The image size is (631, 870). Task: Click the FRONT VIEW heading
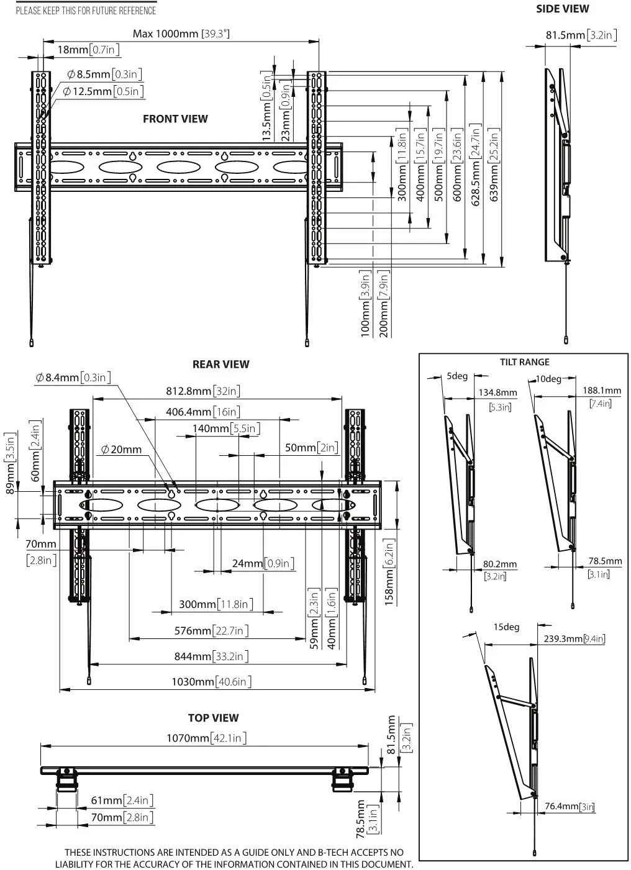(x=175, y=119)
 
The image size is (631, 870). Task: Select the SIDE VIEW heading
(x=562, y=9)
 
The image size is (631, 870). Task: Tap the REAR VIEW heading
(x=220, y=364)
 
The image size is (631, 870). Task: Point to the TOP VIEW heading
(x=213, y=717)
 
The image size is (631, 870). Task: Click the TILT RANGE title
(x=524, y=362)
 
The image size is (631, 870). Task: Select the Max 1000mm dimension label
(x=181, y=34)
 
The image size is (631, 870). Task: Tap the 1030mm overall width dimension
(x=211, y=681)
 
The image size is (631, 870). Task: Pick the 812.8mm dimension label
(x=202, y=391)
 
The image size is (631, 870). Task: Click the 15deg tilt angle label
(x=506, y=627)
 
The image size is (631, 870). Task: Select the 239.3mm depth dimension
(x=574, y=638)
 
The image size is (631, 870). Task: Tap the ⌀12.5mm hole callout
(x=103, y=91)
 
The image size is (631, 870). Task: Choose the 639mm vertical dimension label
(x=494, y=164)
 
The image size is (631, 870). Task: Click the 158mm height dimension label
(x=390, y=573)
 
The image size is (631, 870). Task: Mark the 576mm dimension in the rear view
(x=211, y=630)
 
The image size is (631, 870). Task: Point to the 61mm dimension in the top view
(x=122, y=800)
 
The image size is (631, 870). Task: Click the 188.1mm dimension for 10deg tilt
(x=601, y=391)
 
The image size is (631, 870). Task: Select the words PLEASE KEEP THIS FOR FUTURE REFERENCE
(x=86, y=11)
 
